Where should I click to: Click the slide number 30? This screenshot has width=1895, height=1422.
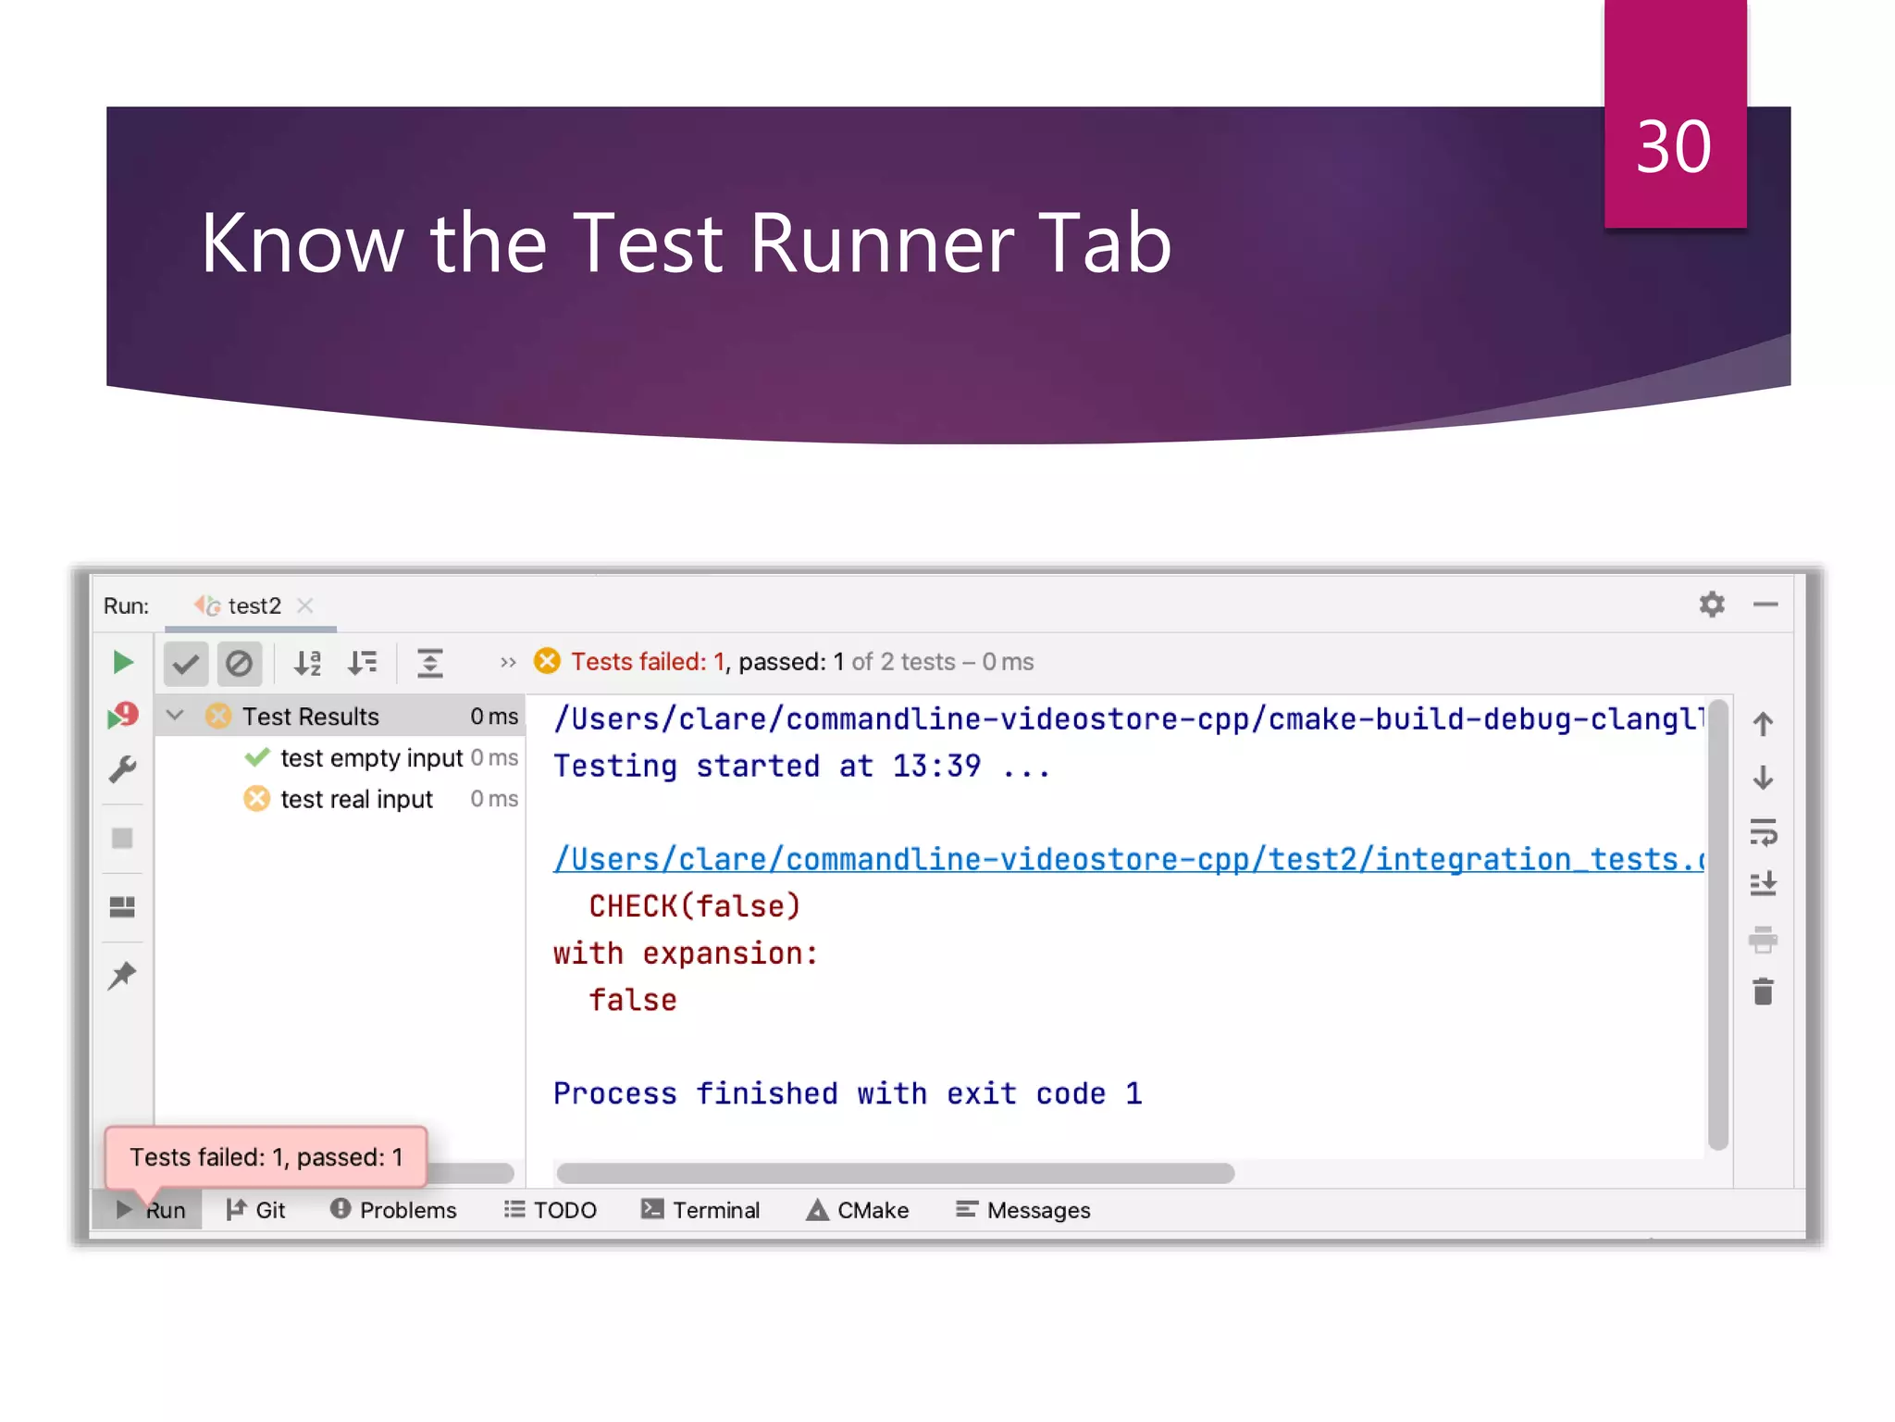point(1673,148)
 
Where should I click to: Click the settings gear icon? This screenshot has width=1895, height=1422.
point(1712,605)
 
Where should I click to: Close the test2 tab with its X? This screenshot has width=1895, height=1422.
point(304,605)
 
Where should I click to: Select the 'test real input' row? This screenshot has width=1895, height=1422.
point(356,799)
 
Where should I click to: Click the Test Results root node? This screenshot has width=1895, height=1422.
point(310,717)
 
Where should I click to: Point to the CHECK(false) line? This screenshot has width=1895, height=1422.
point(694,906)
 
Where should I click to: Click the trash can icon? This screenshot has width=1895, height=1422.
point(1763,992)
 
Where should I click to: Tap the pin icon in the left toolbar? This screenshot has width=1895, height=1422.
point(122,975)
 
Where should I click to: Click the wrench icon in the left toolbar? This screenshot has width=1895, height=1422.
point(122,769)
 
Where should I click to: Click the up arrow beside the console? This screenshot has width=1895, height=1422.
point(1763,724)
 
